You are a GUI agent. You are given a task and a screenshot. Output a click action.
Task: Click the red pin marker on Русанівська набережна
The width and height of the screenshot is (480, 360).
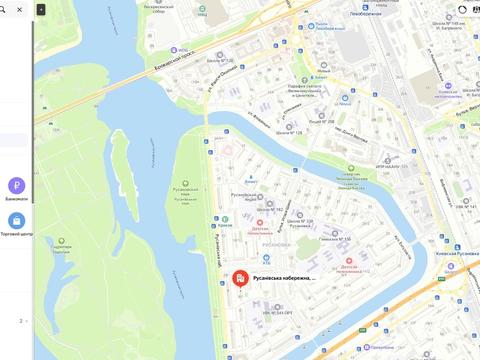pos(240,278)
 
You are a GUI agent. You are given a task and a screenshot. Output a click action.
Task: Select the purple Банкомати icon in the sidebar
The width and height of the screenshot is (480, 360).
pos(17,185)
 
